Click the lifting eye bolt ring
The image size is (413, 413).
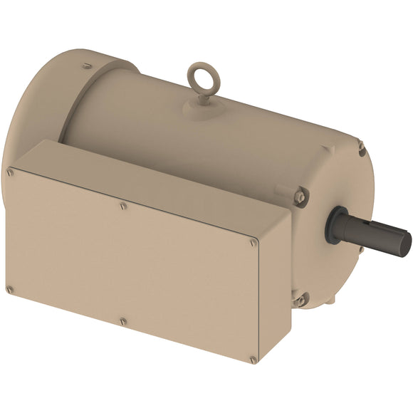click(x=200, y=75)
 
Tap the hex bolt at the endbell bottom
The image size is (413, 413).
click(x=300, y=300)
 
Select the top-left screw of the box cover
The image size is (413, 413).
click(x=10, y=172)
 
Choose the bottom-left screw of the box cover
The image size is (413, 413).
click(x=9, y=289)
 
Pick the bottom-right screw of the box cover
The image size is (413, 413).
click(x=253, y=360)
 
